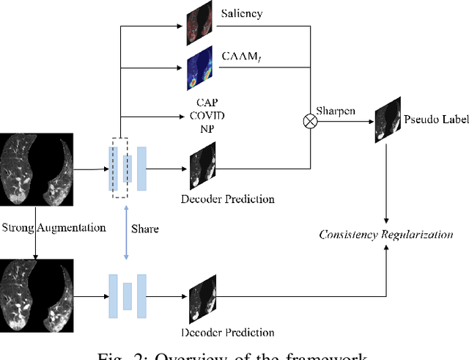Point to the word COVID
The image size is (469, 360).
point(202,116)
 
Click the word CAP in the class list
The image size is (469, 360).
point(202,102)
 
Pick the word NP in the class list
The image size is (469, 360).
point(202,129)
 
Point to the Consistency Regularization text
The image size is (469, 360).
point(386,235)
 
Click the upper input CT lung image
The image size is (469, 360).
point(37,169)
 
